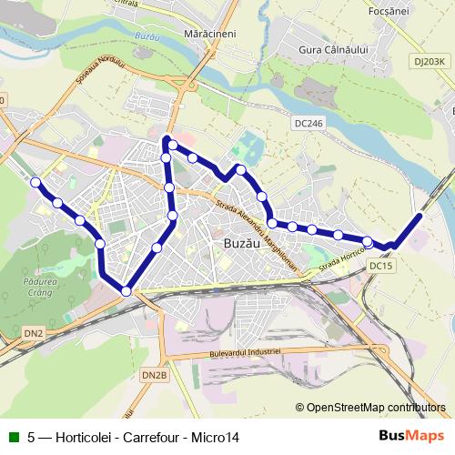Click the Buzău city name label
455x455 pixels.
tap(243, 243)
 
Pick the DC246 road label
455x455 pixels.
tap(309, 122)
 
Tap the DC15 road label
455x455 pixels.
tap(380, 266)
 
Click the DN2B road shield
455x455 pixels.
tap(155, 374)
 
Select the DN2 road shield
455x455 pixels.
tap(34, 334)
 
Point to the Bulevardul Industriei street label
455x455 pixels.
tap(239, 350)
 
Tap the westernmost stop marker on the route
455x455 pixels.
tap(35, 183)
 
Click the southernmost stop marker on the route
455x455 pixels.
tap(126, 290)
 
